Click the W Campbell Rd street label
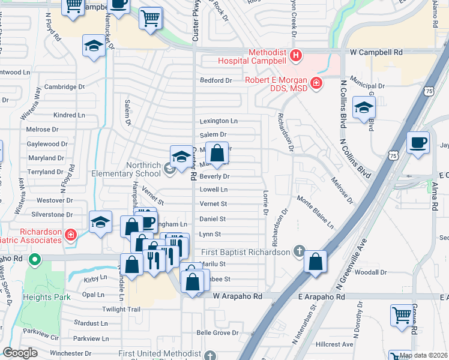point(377,52)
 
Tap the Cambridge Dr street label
point(64,86)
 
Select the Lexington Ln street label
point(218,121)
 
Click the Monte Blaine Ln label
point(315,212)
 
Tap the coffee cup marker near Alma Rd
point(417,143)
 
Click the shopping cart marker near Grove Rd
point(402,314)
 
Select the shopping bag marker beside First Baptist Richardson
point(315,262)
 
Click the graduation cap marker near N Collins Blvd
point(364,107)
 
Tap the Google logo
point(20,353)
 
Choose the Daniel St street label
point(212,219)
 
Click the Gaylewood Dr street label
point(47,144)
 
